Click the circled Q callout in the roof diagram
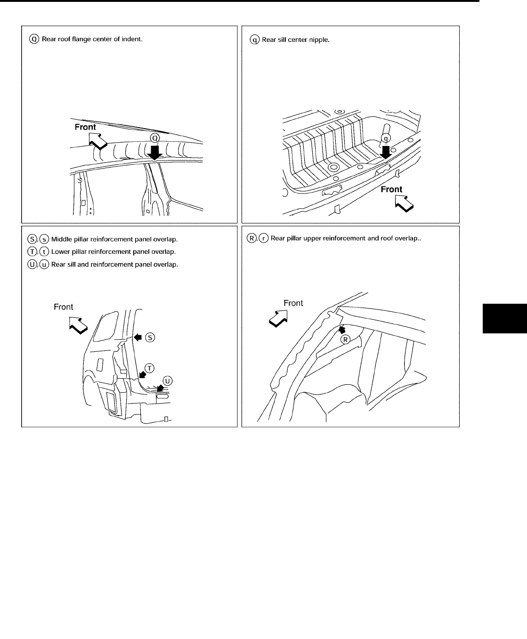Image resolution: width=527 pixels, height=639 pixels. point(155,138)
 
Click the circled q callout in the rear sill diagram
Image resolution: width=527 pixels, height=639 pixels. point(386,138)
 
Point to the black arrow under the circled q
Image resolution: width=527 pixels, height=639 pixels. point(386,152)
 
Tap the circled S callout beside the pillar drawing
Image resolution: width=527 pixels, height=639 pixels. point(150,337)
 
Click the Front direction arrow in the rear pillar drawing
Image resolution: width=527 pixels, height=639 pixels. point(278,317)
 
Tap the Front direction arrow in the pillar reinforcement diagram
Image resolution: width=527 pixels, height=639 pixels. point(77,324)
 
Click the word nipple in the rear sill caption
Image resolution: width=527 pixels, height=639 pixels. point(320,40)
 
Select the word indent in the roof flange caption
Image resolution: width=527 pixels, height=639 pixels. point(133,39)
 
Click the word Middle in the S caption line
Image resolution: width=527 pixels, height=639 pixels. point(61,239)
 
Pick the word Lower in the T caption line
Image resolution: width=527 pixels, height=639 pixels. point(60,252)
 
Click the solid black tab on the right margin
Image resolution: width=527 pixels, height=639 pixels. point(504,319)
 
